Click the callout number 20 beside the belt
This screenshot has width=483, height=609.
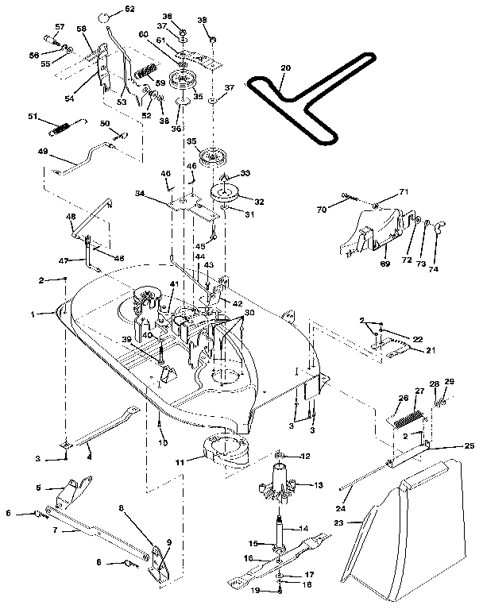[286, 69]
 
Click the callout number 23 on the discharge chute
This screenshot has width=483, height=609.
[360, 522]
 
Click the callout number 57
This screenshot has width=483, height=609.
[59, 27]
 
